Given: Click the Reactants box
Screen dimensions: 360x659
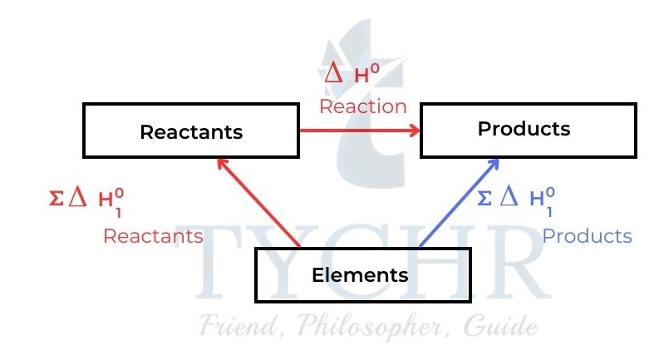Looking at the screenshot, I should (191, 132).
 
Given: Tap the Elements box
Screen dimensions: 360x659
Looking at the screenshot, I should (359, 275).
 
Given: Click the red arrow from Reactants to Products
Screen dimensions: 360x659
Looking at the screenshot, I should (357, 131).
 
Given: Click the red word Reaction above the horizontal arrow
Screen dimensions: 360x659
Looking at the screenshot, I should (363, 106).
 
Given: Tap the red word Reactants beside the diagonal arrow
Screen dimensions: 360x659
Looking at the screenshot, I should (153, 236).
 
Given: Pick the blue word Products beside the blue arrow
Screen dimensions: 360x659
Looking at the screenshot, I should (587, 236).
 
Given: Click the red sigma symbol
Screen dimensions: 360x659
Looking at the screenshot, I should (56, 200).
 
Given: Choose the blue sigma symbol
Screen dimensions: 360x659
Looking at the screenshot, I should (484, 198).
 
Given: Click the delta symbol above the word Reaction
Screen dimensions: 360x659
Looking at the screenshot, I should (332, 74).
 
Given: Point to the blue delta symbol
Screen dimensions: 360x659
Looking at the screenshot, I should (509, 196).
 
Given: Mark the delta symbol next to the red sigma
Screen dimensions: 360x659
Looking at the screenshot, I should (78, 198).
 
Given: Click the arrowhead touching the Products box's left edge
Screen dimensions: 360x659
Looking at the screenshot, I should (413, 131).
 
